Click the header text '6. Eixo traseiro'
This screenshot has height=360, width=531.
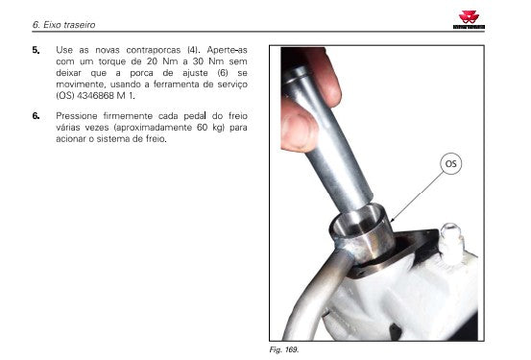63,25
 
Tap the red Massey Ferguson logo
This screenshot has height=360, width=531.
469,19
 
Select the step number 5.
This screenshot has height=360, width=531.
36,50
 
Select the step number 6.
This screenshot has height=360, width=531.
36,116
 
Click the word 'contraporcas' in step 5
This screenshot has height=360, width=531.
153,50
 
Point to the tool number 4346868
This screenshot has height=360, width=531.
95,96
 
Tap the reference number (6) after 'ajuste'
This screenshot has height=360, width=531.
223,73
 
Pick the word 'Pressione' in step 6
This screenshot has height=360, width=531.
77,116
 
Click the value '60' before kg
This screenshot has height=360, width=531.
202,128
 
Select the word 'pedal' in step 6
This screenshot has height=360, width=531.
195,116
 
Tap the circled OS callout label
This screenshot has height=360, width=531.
450,164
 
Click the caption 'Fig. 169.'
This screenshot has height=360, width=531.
284,349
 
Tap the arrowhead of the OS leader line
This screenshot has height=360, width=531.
392,221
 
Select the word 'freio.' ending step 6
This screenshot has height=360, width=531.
157,139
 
